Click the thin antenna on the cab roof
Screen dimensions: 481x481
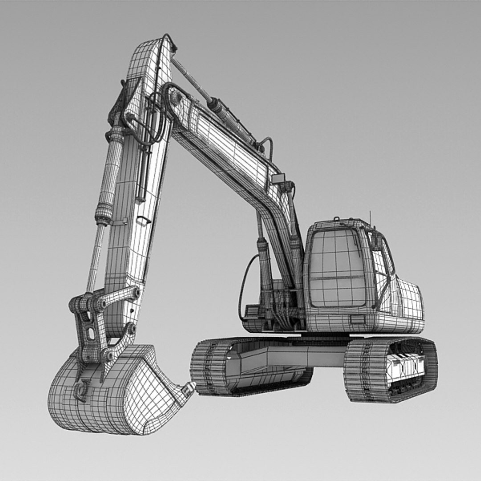[369, 218]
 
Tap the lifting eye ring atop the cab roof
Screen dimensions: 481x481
[337, 219]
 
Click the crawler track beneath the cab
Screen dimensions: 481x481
[390, 370]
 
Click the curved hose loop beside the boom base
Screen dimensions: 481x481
[244, 285]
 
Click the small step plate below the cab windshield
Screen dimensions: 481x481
[357, 319]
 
